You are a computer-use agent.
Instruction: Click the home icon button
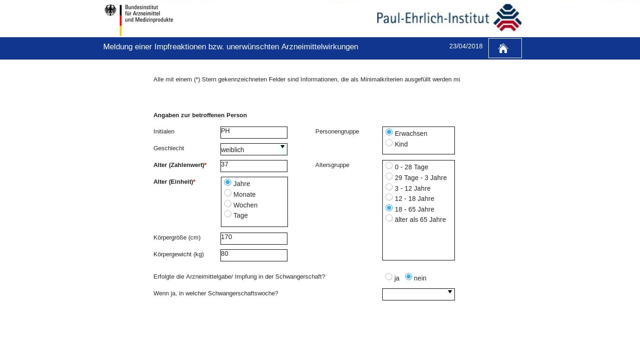[505, 48]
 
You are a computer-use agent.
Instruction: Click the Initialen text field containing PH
[253, 133]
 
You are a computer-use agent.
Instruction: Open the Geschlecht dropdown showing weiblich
[253, 149]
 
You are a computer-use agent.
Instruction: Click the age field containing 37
[253, 166]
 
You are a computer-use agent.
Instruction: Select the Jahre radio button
[228, 182]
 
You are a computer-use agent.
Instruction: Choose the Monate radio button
[228, 193]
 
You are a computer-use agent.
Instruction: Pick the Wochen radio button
[228, 204]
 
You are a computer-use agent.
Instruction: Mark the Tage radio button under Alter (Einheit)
[228, 214]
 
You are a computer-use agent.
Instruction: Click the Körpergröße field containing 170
[253, 239]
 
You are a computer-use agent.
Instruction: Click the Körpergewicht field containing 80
[253, 255]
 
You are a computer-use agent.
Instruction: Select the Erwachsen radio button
[389, 132]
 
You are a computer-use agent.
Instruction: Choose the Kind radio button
[389, 143]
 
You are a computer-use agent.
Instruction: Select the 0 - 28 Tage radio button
[389, 166]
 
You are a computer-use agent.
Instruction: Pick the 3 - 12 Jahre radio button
[389, 187]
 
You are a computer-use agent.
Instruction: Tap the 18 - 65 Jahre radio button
[389, 208]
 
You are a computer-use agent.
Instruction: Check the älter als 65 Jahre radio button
[389, 218]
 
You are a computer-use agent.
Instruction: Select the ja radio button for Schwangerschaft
[389, 277]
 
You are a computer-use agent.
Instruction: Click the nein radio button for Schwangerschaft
[409, 277]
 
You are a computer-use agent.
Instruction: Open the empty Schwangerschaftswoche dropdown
[418, 294]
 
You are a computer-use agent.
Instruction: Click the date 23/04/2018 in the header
[466, 46]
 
